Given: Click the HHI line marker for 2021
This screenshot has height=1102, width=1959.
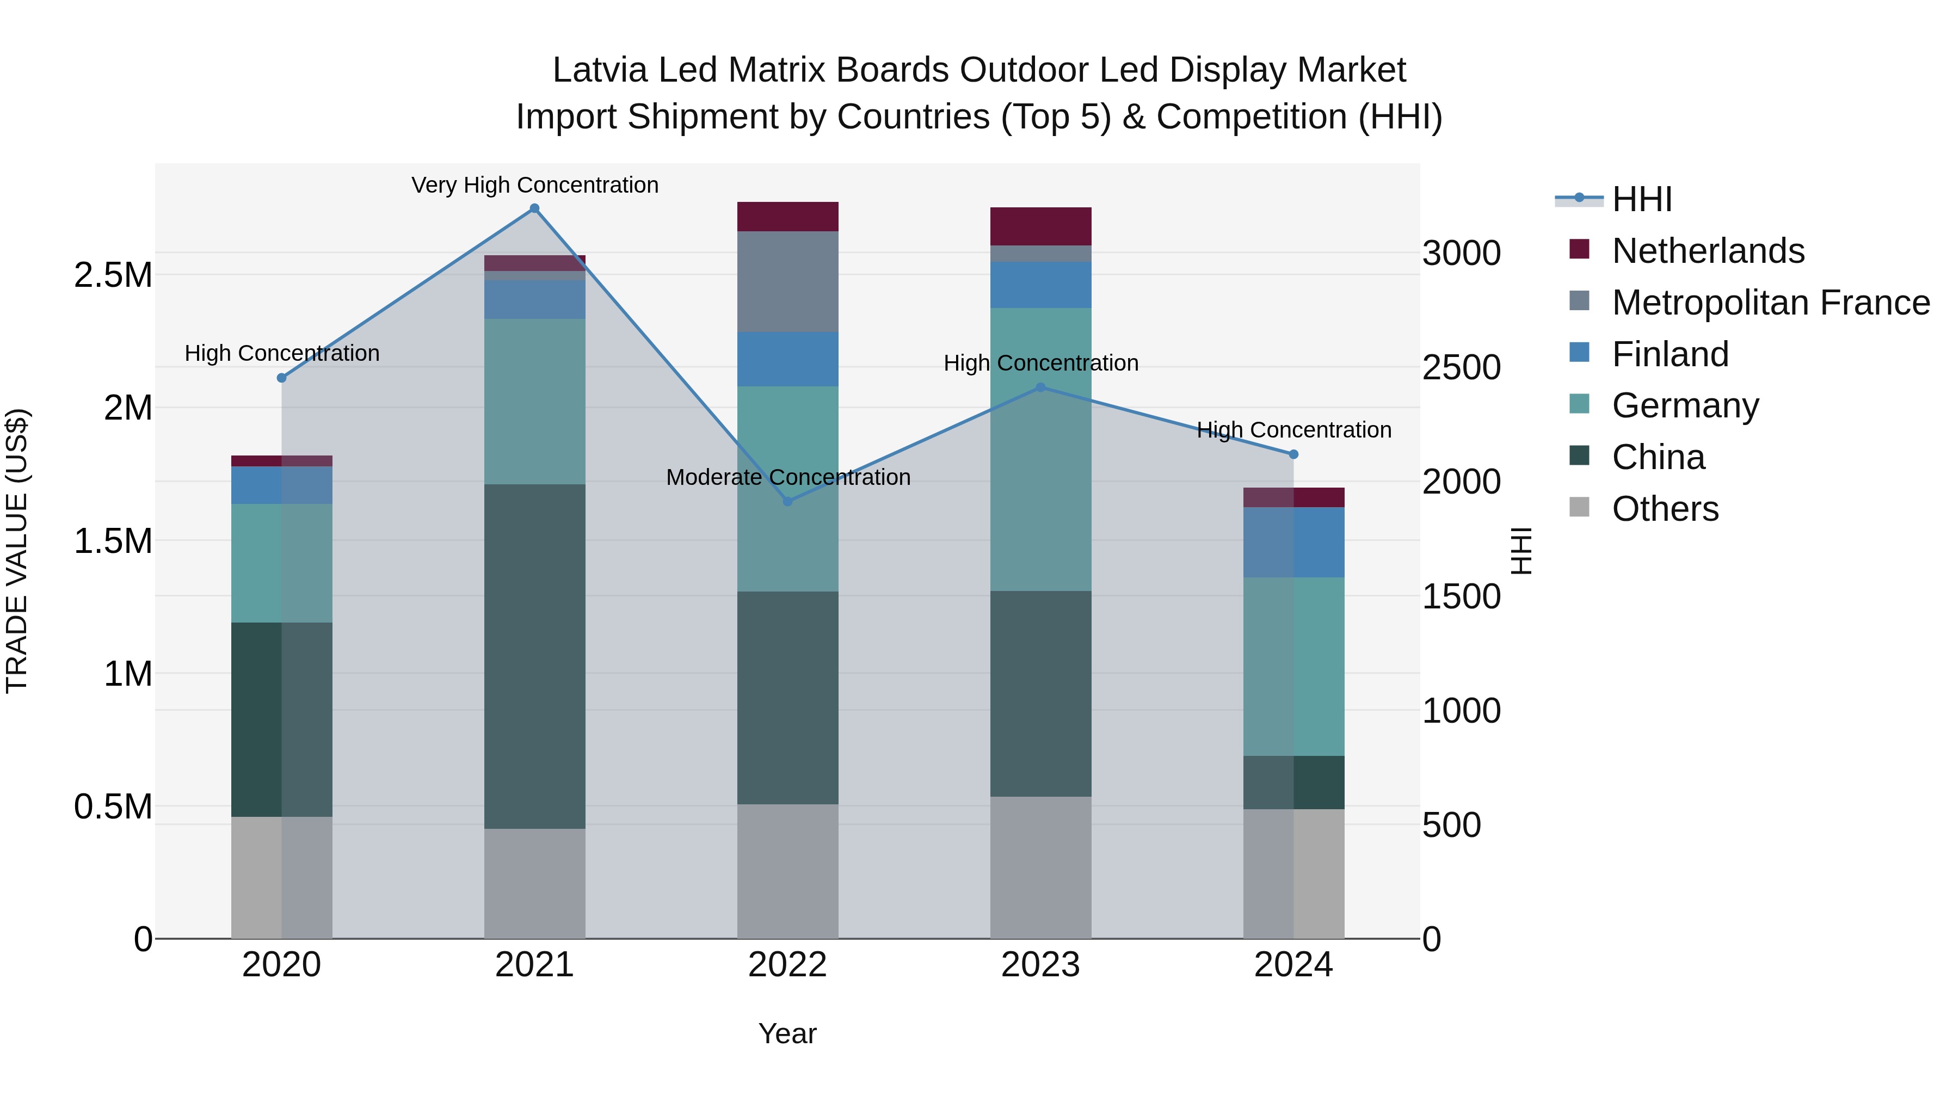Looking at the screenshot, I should coord(534,208).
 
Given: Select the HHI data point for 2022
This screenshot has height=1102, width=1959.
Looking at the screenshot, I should coord(788,501).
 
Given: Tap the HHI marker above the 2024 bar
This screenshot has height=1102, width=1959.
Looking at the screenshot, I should coord(1293,454).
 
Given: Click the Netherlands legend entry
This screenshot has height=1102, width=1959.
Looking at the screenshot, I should coord(1707,251).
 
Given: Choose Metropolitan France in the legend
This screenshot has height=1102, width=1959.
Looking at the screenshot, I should coord(1770,303).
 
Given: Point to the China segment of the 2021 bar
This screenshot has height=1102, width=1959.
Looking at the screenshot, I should coord(534,656).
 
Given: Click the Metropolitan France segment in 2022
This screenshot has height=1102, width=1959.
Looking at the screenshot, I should coord(788,281).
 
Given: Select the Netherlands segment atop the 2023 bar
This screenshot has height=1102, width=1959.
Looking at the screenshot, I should coord(1040,226).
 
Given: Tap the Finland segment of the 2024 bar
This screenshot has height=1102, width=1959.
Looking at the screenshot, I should coord(1293,541).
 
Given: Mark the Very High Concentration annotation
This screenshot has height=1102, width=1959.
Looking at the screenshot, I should coord(534,185).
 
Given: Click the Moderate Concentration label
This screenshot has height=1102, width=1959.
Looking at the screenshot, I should coord(788,477).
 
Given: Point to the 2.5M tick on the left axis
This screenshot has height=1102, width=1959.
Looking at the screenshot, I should coord(113,275).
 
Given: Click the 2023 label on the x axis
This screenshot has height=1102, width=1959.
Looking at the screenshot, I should coord(1040,965).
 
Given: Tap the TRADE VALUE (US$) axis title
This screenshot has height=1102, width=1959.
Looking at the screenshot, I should coord(17,551).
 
